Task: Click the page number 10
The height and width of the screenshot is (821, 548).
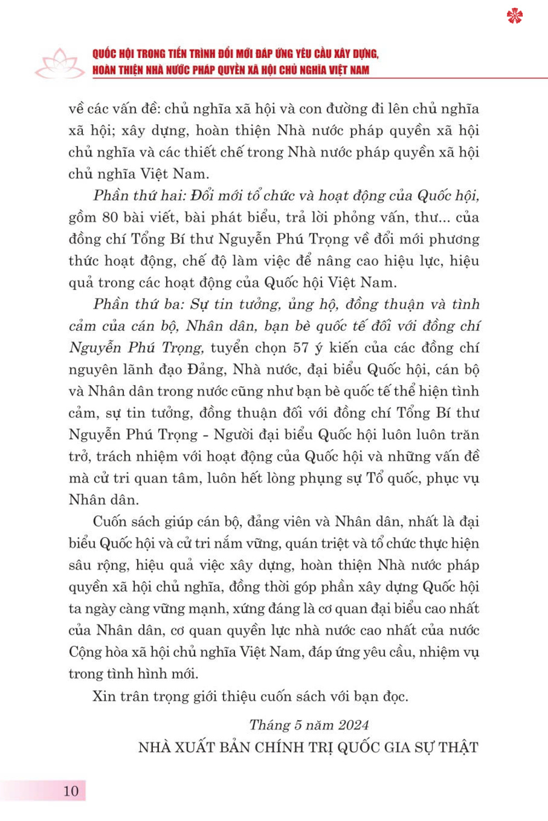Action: click(x=71, y=790)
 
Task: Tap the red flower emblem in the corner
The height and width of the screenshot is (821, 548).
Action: click(x=515, y=16)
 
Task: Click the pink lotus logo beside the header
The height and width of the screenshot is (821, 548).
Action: click(x=59, y=64)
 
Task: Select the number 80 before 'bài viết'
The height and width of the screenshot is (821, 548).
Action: click(x=110, y=217)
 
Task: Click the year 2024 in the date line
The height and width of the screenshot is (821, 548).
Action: click(x=353, y=725)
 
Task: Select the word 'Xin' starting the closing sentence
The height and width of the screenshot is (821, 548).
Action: click(x=104, y=696)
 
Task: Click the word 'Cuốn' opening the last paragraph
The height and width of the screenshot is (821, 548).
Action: click(x=111, y=521)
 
